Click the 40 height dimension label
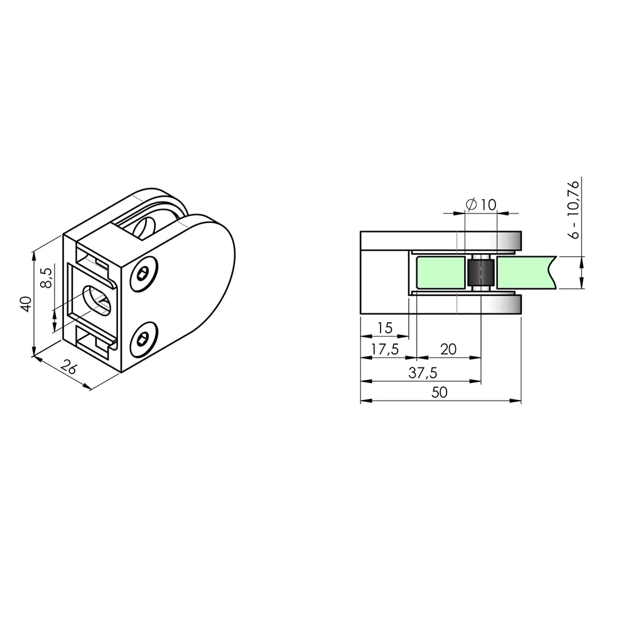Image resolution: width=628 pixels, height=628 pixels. (26, 304)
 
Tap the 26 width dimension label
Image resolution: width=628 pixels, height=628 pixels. (68, 367)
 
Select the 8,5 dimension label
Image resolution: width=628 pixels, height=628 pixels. (46, 278)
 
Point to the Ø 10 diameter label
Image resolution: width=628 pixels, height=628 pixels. (481, 205)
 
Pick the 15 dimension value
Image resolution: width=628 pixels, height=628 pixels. (385, 328)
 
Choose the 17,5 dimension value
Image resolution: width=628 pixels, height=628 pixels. (385, 349)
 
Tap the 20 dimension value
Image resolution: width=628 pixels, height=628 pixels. (448, 349)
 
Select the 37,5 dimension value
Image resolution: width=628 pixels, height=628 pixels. (423, 373)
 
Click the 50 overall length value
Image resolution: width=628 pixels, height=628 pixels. (440, 392)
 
